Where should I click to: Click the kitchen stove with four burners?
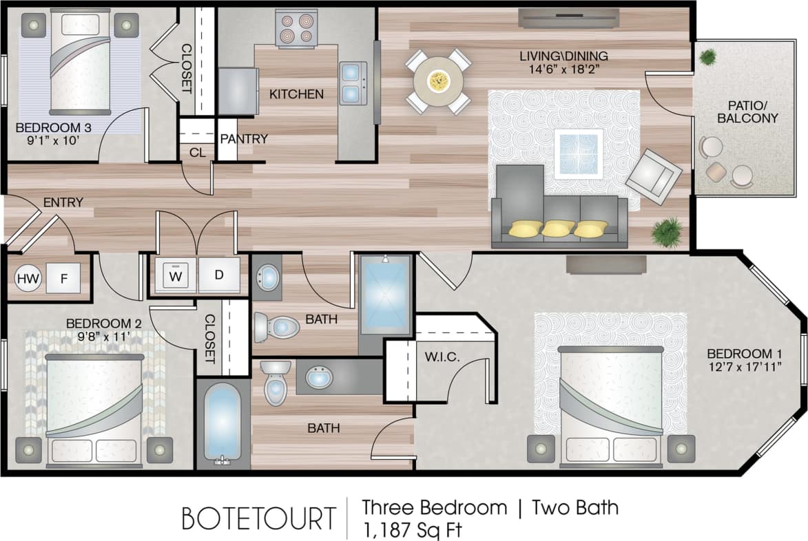pyautogui.click(x=296, y=28)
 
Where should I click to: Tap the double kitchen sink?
pyautogui.click(x=353, y=82)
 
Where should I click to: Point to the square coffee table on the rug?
pyautogui.click(x=578, y=153)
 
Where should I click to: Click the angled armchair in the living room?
pyautogui.click(x=653, y=176)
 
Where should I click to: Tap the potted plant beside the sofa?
pyautogui.click(x=666, y=231)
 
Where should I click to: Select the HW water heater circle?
pyautogui.click(x=28, y=279)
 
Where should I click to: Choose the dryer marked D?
pyautogui.click(x=218, y=275)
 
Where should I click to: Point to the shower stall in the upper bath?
pyautogui.click(x=385, y=295)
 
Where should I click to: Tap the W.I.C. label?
pyautogui.click(x=438, y=357)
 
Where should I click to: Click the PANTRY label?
pyautogui.click(x=243, y=139)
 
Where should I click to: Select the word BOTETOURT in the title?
pyautogui.click(x=259, y=518)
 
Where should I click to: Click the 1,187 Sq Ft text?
pyautogui.click(x=411, y=529)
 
